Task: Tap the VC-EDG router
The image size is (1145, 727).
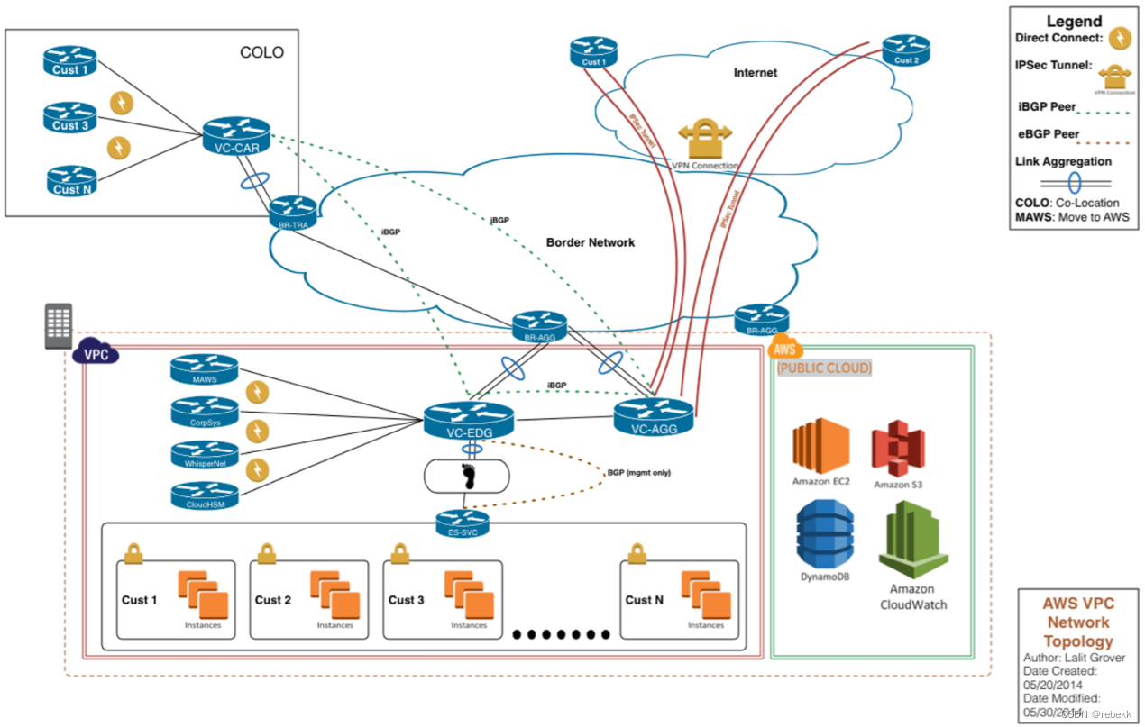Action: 468,421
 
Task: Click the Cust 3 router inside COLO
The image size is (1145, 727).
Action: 69,116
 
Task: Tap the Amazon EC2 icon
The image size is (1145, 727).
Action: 821,446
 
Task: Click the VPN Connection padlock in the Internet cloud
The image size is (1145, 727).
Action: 704,139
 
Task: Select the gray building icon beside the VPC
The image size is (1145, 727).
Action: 59,325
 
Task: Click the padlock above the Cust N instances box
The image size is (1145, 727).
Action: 637,552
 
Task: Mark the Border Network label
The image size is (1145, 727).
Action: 591,242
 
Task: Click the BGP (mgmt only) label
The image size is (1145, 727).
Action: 639,472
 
